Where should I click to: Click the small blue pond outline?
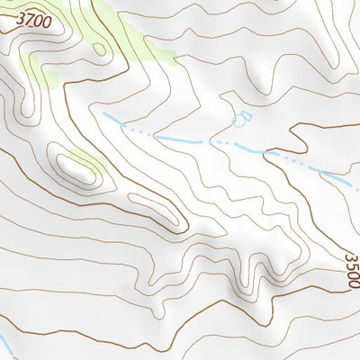pos(242,117)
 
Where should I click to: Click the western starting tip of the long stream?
pos(103,115)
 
